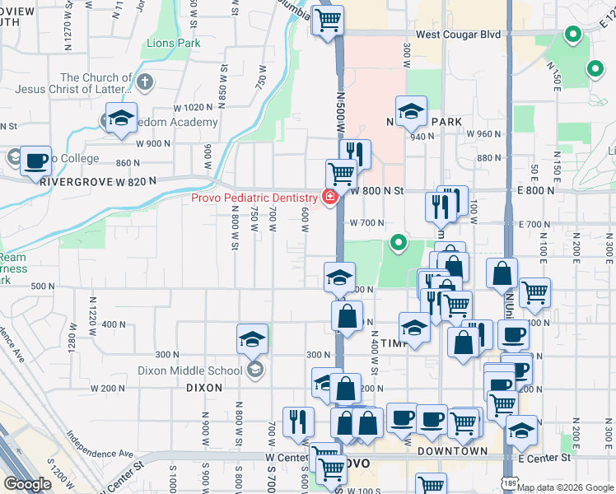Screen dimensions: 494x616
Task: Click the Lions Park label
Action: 173,42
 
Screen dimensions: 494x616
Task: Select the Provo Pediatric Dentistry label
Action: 254,198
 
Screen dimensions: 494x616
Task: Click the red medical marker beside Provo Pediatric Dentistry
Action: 329,198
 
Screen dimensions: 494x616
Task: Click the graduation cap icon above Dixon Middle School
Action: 252,339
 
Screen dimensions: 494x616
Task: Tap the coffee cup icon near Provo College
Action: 35,161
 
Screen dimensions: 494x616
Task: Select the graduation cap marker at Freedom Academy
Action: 121,119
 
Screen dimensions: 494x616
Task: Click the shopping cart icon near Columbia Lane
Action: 328,20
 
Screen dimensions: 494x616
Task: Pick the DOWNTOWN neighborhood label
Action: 452,451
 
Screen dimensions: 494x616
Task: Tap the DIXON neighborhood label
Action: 204,387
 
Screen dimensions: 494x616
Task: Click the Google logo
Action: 29,484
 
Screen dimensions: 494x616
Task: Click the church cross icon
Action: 145,82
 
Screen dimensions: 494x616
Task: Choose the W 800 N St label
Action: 377,191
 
